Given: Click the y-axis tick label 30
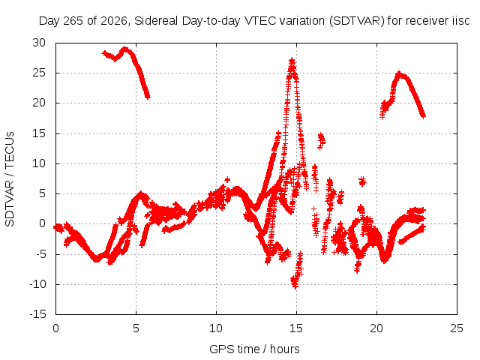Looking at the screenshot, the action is [x=39, y=43].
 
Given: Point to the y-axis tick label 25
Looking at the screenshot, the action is [x=39, y=73].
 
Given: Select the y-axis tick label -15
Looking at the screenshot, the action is [x=37, y=314].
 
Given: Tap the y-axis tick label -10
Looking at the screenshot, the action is [x=37, y=284].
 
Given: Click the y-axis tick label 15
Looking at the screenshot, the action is [x=39, y=133].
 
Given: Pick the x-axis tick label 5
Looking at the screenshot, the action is [x=136, y=328].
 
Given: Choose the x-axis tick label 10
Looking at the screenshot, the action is [x=216, y=328].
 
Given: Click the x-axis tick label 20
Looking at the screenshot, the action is [x=376, y=328].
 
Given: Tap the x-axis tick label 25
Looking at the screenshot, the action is [x=457, y=328].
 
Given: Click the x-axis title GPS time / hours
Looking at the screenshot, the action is [x=254, y=349].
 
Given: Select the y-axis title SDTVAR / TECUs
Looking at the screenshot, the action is [x=10, y=179].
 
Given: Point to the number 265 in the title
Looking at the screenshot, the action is [x=73, y=21].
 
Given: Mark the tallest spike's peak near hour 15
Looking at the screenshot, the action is [x=292, y=59].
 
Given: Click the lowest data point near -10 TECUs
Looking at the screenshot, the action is [x=295, y=287].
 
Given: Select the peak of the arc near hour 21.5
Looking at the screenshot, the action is [x=398, y=73].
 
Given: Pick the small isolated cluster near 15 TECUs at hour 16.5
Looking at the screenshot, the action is [x=321, y=141].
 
